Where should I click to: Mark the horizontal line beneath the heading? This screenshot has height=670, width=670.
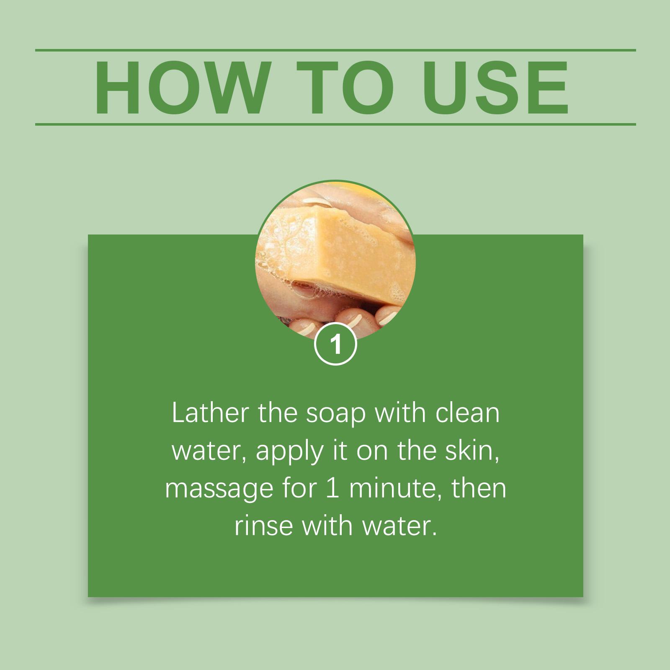point(335,124)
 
